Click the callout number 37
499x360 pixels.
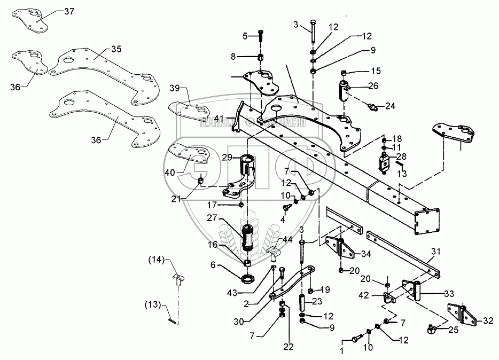pyautogui.click(x=70, y=11)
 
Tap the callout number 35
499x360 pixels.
pyautogui.click(x=116, y=49)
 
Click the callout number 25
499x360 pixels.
pyautogui.click(x=453, y=331)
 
